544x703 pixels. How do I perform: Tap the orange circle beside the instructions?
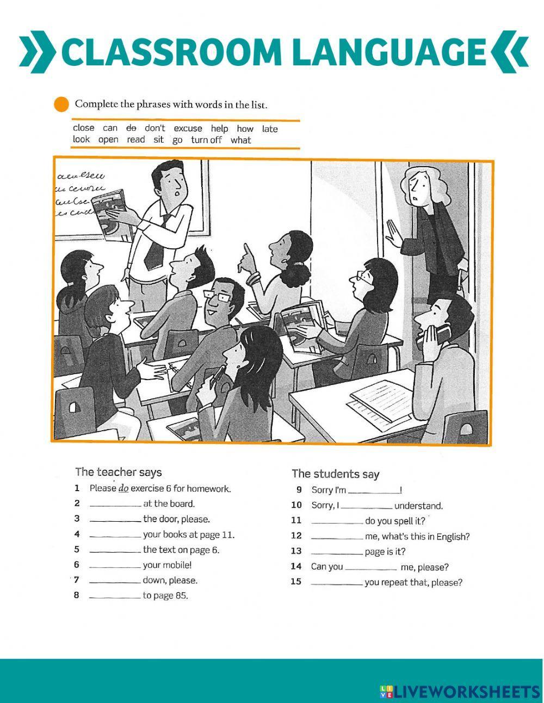(62, 104)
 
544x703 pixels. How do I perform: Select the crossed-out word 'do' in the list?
(131, 128)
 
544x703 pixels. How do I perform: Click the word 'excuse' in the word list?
(188, 129)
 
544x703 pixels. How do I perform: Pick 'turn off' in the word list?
(206, 140)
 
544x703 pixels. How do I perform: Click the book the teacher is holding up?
(112, 214)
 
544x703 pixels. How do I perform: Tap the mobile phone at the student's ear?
(438, 333)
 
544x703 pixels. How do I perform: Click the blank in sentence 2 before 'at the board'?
(115, 505)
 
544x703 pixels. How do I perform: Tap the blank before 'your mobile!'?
(115, 566)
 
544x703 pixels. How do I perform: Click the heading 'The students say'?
(335, 474)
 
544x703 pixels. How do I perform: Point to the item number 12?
(296, 536)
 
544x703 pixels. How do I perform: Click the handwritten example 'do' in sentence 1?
(123, 488)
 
